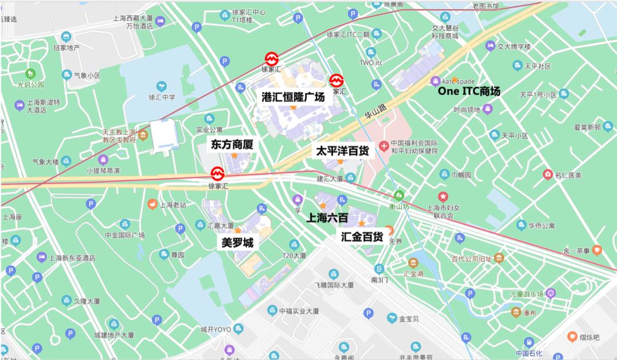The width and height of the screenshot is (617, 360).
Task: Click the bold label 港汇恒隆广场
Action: click(293, 97)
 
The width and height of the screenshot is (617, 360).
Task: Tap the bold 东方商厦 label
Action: click(231, 145)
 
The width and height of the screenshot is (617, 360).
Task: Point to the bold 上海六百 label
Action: click(327, 218)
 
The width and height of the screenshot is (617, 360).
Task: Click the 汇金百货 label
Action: click(362, 236)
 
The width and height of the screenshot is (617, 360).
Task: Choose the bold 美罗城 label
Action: click(237, 243)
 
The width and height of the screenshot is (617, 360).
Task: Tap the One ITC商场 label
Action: click(468, 91)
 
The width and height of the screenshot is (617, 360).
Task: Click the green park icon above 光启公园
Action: click(30, 74)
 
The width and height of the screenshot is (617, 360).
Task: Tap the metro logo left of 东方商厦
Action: click(217, 173)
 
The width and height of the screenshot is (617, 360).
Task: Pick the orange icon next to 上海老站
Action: click(152, 203)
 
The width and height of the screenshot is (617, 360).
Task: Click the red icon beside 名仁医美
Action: click(548, 175)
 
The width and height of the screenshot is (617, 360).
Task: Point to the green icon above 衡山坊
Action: click(399, 195)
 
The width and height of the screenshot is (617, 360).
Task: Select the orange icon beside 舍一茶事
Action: click(596, 249)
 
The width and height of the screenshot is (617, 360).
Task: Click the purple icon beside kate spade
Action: click(436, 81)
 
